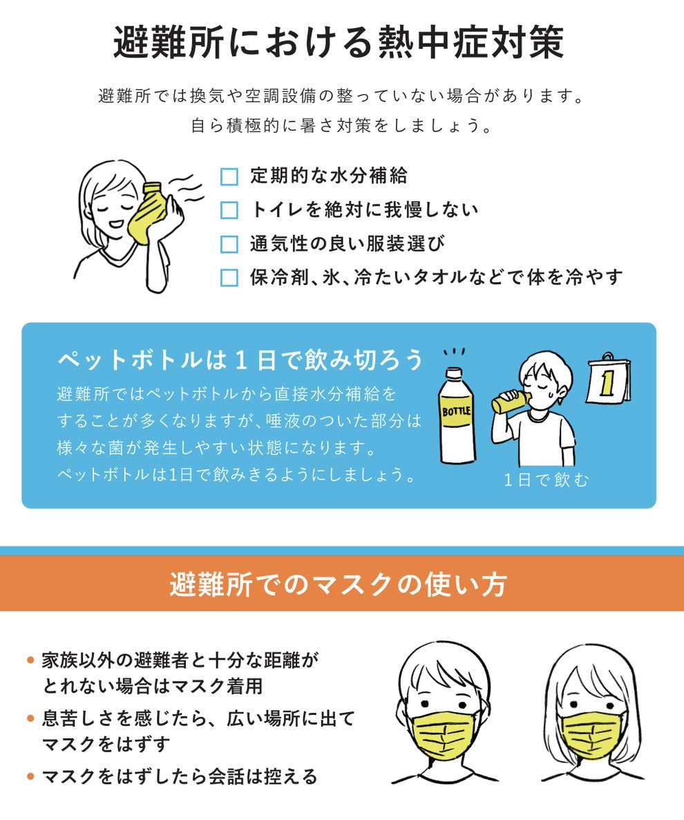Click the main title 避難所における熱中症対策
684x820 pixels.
pyautogui.click(x=339, y=44)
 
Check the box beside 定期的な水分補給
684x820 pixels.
pyautogui.click(x=229, y=177)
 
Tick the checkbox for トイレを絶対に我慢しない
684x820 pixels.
pyautogui.click(x=229, y=209)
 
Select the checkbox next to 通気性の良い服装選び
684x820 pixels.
pyautogui.click(x=229, y=243)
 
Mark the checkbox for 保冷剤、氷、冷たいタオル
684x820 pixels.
pyautogui.click(x=229, y=277)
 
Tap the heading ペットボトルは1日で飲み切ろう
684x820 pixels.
pyautogui.click(x=240, y=359)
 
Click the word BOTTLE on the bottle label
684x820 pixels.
pyautogui.click(x=456, y=411)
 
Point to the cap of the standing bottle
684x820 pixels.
pyautogui.click(x=454, y=373)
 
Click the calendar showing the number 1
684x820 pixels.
pyautogui.click(x=607, y=381)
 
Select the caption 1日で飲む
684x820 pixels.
pyautogui.click(x=546, y=480)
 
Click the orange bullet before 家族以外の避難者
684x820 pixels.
pyautogui.click(x=30, y=660)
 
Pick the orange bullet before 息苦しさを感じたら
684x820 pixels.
pyautogui.click(x=30, y=718)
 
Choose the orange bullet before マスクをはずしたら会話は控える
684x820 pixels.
pyautogui.click(x=30, y=776)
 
